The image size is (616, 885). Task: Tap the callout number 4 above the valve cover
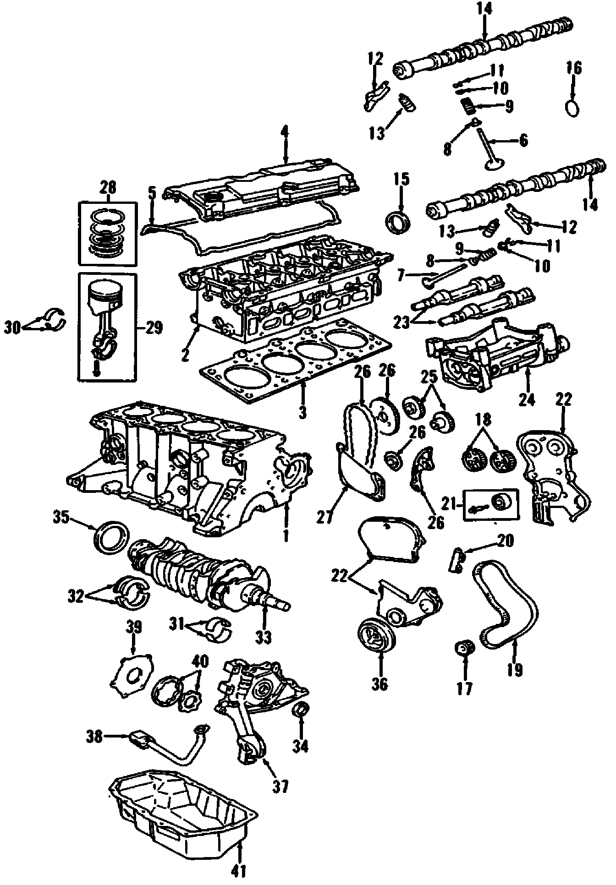click(285, 133)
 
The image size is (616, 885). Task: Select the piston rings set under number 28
click(107, 235)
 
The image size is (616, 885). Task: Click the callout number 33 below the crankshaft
click(264, 637)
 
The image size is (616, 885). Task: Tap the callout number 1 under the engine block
click(286, 535)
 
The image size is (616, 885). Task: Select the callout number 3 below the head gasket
click(302, 412)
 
